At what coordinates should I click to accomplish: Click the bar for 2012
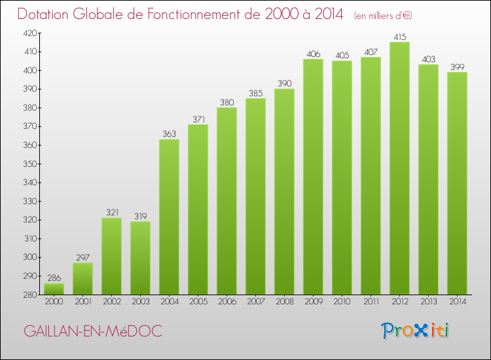point(399,168)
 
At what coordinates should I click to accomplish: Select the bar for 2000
point(54,289)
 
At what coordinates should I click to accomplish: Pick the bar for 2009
point(313,177)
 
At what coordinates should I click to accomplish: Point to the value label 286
point(54,278)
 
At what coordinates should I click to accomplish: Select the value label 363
point(169,134)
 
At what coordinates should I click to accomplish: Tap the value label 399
point(457,67)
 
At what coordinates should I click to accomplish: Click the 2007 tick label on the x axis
point(255,302)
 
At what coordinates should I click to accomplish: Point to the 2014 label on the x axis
point(457,302)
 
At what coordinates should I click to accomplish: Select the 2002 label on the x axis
point(111,302)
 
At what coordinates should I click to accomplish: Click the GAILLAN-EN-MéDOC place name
point(93,331)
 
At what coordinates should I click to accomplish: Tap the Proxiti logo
point(416,331)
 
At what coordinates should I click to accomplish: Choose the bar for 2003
point(140,258)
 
